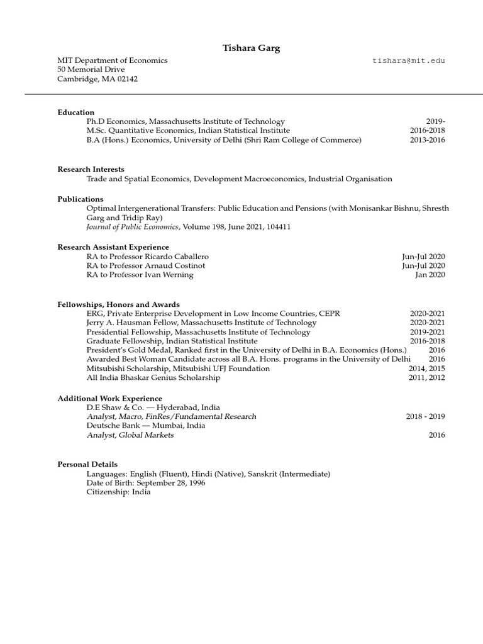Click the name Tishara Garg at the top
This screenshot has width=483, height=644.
tap(241, 48)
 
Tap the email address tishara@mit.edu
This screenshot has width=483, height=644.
tap(409, 60)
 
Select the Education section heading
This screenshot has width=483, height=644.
tap(76, 112)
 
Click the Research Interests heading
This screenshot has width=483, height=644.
tap(91, 169)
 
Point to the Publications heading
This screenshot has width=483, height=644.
tap(80, 199)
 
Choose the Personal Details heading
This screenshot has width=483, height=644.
tap(87, 464)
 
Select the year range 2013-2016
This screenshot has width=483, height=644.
tap(427, 140)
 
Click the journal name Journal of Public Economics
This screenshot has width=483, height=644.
tap(132, 226)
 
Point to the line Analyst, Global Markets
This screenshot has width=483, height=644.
tap(130, 435)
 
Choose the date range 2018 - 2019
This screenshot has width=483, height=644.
tap(425, 416)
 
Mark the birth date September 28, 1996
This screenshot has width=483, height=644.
tap(170, 483)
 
